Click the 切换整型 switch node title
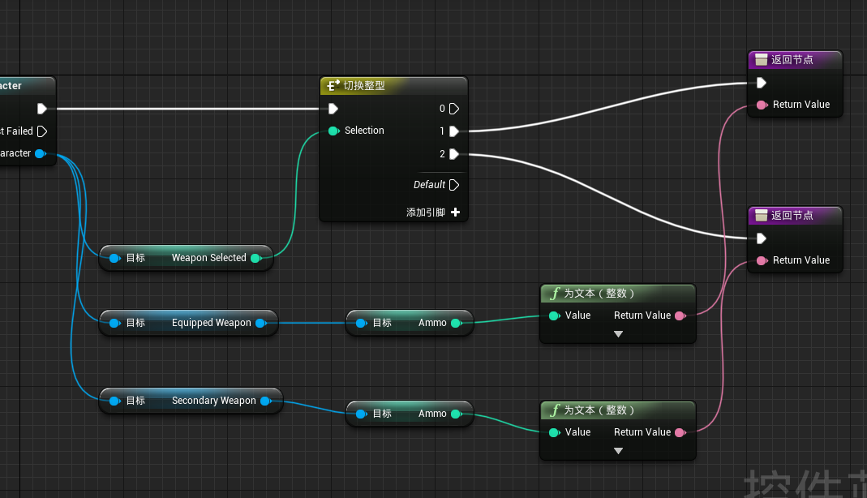(x=363, y=85)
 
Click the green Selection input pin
(x=333, y=131)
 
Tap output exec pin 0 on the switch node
(x=453, y=109)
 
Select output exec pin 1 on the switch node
(x=453, y=131)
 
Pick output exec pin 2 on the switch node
(x=453, y=153)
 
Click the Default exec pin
(x=453, y=185)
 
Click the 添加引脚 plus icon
(x=455, y=213)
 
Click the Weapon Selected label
(x=208, y=258)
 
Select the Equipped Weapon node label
(x=211, y=323)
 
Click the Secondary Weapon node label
(x=213, y=401)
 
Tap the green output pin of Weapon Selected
(x=255, y=258)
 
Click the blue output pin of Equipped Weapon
(x=260, y=323)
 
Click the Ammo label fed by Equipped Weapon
(x=432, y=323)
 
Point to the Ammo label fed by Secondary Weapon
(x=432, y=414)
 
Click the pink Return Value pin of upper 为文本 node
(x=680, y=316)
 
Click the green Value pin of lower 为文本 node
(x=554, y=432)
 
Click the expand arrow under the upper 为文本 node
(x=618, y=334)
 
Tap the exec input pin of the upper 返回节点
(x=761, y=83)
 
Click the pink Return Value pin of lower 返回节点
(x=761, y=260)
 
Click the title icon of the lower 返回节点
(x=761, y=216)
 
